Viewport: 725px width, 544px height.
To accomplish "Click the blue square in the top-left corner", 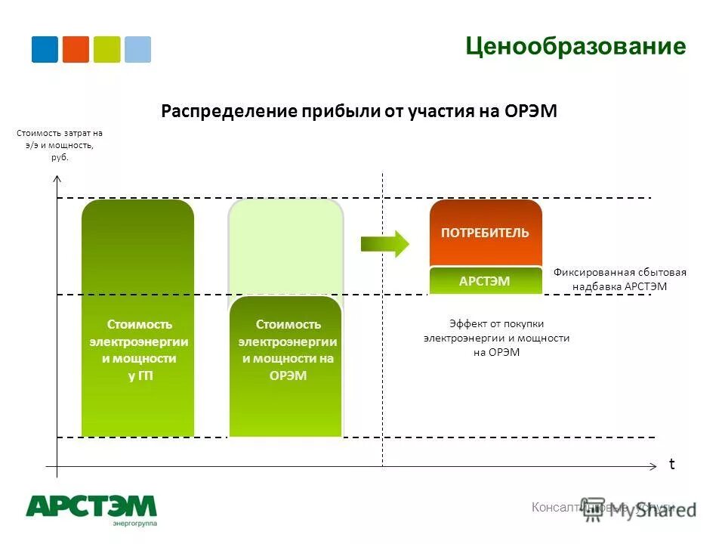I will pyautogui.click(x=45, y=49).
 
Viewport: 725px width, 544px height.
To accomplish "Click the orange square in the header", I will pyautogui.click(x=76, y=49).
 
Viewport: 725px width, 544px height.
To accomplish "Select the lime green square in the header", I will pyautogui.click(x=106, y=49).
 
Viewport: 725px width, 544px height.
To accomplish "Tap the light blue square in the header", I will pyautogui.click(x=137, y=49).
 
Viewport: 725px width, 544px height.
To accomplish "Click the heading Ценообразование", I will pyautogui.click(x=575, y=47).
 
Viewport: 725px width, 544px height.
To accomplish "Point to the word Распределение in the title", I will pyautogui.click(x=230, y=112).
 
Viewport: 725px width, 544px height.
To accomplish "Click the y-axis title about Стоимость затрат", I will pyautogui.click(x=59, y=145).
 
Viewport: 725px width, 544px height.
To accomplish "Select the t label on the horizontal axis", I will pyautogui.click(x=671, y=465).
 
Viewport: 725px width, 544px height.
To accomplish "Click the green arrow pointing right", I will pyautogui.click(x=384, y=243).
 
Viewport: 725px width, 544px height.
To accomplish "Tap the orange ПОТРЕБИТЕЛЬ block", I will pyautogui.click(x=486, y=233).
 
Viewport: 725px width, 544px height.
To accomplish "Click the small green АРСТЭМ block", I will pyautogui.click(x=486, y=281).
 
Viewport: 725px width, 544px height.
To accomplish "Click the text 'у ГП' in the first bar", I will pyautogui.click(x=140, y=376).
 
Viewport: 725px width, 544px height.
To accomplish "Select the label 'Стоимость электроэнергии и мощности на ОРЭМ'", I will pyautogui.click(x=288, y=350).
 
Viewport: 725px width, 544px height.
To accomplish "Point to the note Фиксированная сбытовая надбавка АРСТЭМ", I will pyautogui.click(x=619, y=280).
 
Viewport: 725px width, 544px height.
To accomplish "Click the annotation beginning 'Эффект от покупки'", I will pyautogui.click(x=496, y=338).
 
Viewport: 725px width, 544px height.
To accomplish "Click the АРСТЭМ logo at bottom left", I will pyautogui.click(x=91, y=505).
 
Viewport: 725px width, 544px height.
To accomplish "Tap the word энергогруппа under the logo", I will pyautogui.click(x=135, y=523).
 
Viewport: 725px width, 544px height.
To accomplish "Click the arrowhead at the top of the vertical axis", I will pyautogui.click(x=57, y=179).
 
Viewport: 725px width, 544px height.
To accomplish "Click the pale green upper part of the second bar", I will pyautogui.click(x=285, y=246).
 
